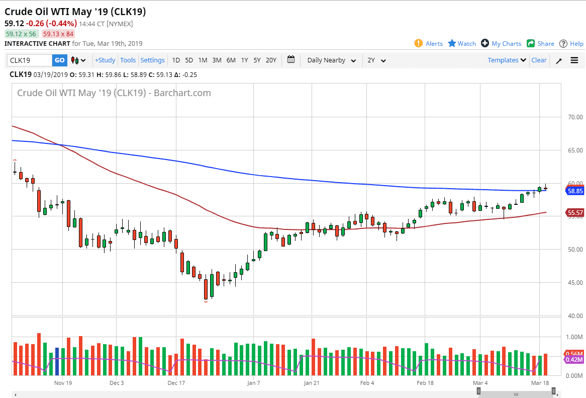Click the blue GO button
pos(59,60)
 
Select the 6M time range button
pos(231,60)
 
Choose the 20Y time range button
pos(271,60)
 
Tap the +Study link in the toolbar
pos(105,60)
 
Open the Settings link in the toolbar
pos(152,60)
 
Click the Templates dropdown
pos(507,60)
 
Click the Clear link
pos(539,60)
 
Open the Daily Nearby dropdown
pos(331,60)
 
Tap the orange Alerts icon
pos(419,43)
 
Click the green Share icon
pos(531,43)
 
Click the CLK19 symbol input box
pos(30,60)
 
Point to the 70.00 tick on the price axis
pos(575,117)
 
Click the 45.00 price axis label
pos(575,282)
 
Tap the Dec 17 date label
pos(176,383)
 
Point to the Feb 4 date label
pos(367,383)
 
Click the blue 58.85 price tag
pos(574,191)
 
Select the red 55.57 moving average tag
pos(574,213)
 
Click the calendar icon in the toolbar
pos(291,60)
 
